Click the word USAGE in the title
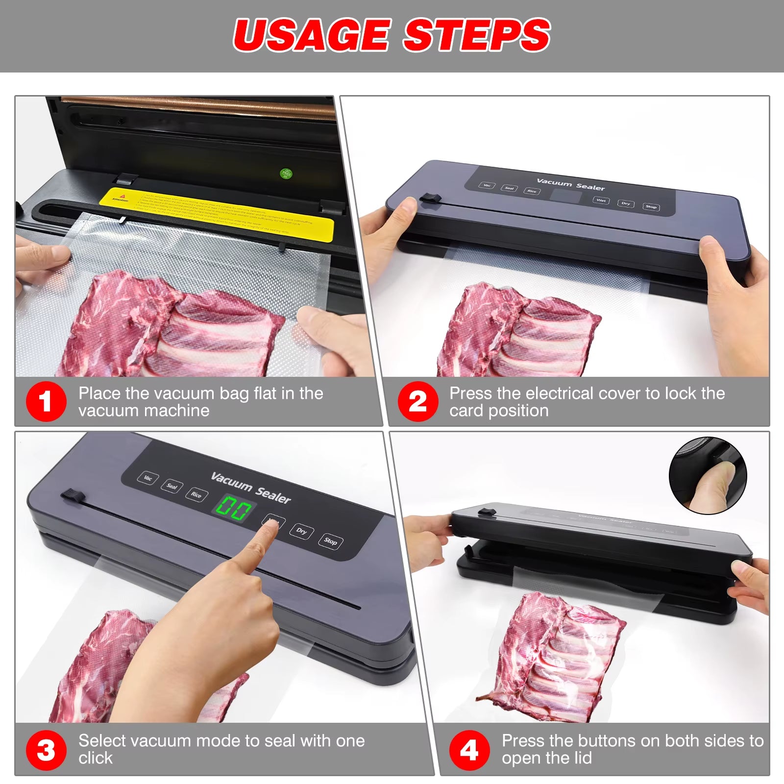pos(311,35)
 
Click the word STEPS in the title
pos(476,35)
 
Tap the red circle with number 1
pos(46,402)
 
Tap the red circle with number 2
pos(417,402)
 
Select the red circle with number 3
pos(46,750)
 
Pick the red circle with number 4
pos(469,750)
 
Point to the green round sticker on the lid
pos(286,173)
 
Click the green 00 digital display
pos(234,509)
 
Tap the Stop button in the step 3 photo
pos(330,541)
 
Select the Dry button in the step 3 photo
pos(301,531)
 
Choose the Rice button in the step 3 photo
pos(196,494)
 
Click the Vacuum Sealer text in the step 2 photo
pos(570,184)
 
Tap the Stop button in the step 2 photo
pos(651,207)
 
